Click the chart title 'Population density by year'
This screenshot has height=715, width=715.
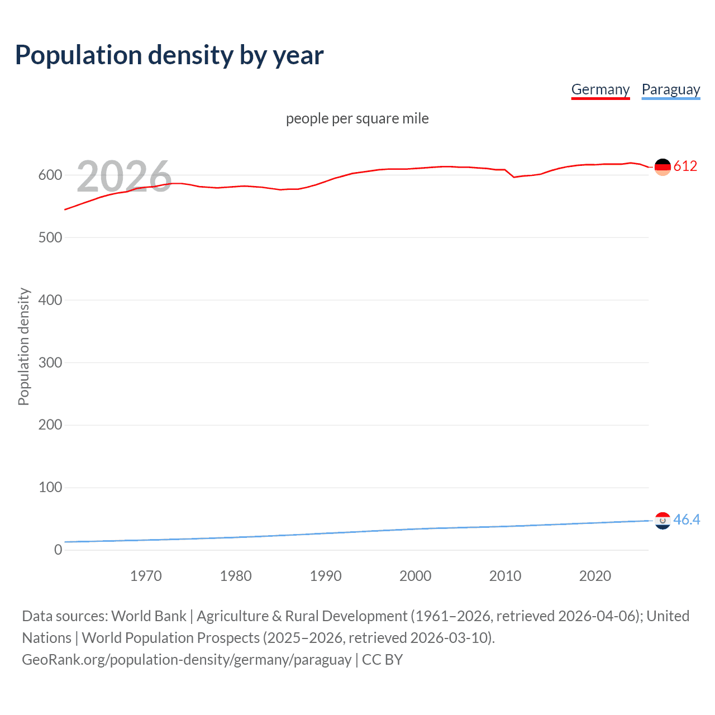(169, 55)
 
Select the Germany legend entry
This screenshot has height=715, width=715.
(600, 89)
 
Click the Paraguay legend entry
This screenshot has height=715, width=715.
(670, 89)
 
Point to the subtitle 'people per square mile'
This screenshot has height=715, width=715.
(357, 118)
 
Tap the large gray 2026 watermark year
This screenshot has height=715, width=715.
(124, 177)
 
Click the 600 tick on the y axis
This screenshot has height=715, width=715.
(50, 175)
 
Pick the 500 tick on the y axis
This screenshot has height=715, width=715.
(50, 238)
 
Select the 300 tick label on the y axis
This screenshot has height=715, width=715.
(50, 363)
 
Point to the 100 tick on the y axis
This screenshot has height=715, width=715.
(50, 488)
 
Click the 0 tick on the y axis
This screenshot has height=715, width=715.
(58, 550)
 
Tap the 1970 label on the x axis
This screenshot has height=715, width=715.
(146, 576)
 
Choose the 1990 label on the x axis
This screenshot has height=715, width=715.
(326, 576)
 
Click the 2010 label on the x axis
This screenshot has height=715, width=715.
(505, 576)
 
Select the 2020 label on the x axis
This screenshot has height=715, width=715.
(595, 576)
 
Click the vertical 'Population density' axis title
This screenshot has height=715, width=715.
(23, 346)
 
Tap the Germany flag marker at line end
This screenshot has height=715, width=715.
(662, 166)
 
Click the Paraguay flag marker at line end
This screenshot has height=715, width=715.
(662, 521)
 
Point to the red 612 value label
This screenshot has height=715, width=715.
(685, 166)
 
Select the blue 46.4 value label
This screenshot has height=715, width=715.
(687, 519)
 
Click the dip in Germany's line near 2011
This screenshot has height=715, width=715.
(514, 177)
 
